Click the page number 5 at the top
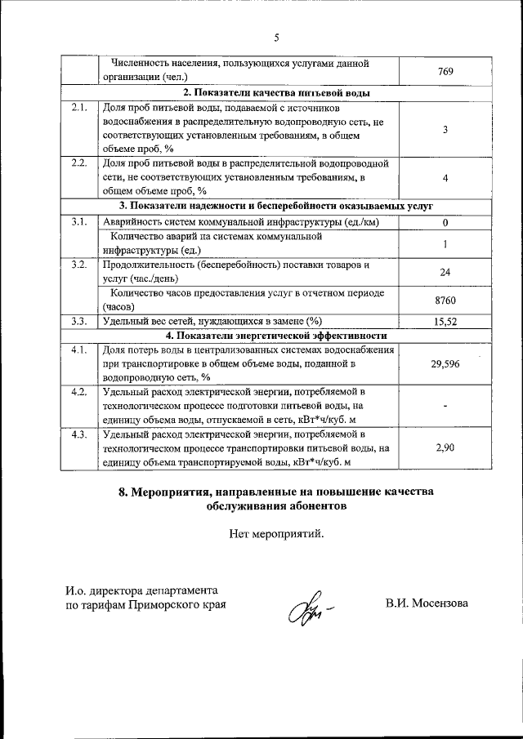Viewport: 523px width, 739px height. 276,37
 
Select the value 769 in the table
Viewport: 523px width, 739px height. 445,72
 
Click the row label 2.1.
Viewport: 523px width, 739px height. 79,107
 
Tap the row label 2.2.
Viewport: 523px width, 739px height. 79,162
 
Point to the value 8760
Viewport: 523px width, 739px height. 445,300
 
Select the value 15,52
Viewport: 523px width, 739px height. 445,322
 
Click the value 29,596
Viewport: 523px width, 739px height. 445,363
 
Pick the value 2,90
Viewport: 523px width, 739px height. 445,448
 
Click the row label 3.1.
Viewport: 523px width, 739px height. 79,221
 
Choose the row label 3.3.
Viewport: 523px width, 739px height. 79,321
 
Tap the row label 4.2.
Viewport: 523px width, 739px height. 79,392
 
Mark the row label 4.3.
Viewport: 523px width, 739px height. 79,434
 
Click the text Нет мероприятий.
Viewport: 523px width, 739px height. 276,535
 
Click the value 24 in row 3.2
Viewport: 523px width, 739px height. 445,272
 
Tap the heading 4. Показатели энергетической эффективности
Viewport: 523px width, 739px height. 276,336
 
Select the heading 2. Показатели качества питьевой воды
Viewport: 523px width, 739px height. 276,93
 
